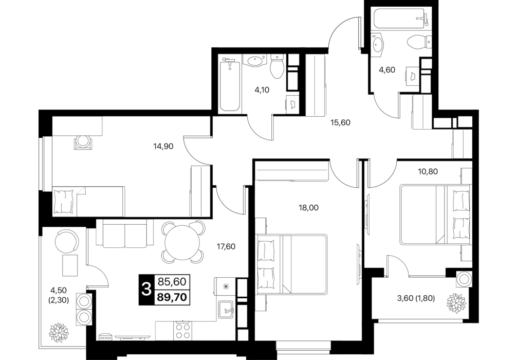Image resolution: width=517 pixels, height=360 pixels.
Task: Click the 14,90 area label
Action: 163,146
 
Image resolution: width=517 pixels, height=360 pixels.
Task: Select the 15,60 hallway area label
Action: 340,123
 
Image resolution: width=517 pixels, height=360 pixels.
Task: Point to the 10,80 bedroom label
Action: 428,172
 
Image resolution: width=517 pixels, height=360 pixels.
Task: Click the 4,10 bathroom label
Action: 262,90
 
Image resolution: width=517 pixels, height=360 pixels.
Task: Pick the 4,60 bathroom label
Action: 387,70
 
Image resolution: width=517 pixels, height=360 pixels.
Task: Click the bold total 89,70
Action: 172,297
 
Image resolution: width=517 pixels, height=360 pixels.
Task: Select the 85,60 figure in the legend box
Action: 172,281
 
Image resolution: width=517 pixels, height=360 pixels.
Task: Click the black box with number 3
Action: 146,290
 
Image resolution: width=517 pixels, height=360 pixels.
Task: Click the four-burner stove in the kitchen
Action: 183,330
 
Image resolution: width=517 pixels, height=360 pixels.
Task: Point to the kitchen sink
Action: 226,310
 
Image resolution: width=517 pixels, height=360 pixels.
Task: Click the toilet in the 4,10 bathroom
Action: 277,66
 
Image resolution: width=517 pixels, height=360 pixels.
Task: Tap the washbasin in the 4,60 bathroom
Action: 378,43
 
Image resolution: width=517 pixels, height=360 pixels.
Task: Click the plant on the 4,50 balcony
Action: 59,333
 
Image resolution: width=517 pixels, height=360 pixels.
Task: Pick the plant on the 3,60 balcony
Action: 456,302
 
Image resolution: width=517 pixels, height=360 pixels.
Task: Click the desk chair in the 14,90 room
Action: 83,142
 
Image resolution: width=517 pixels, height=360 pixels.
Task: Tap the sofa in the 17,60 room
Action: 125,233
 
